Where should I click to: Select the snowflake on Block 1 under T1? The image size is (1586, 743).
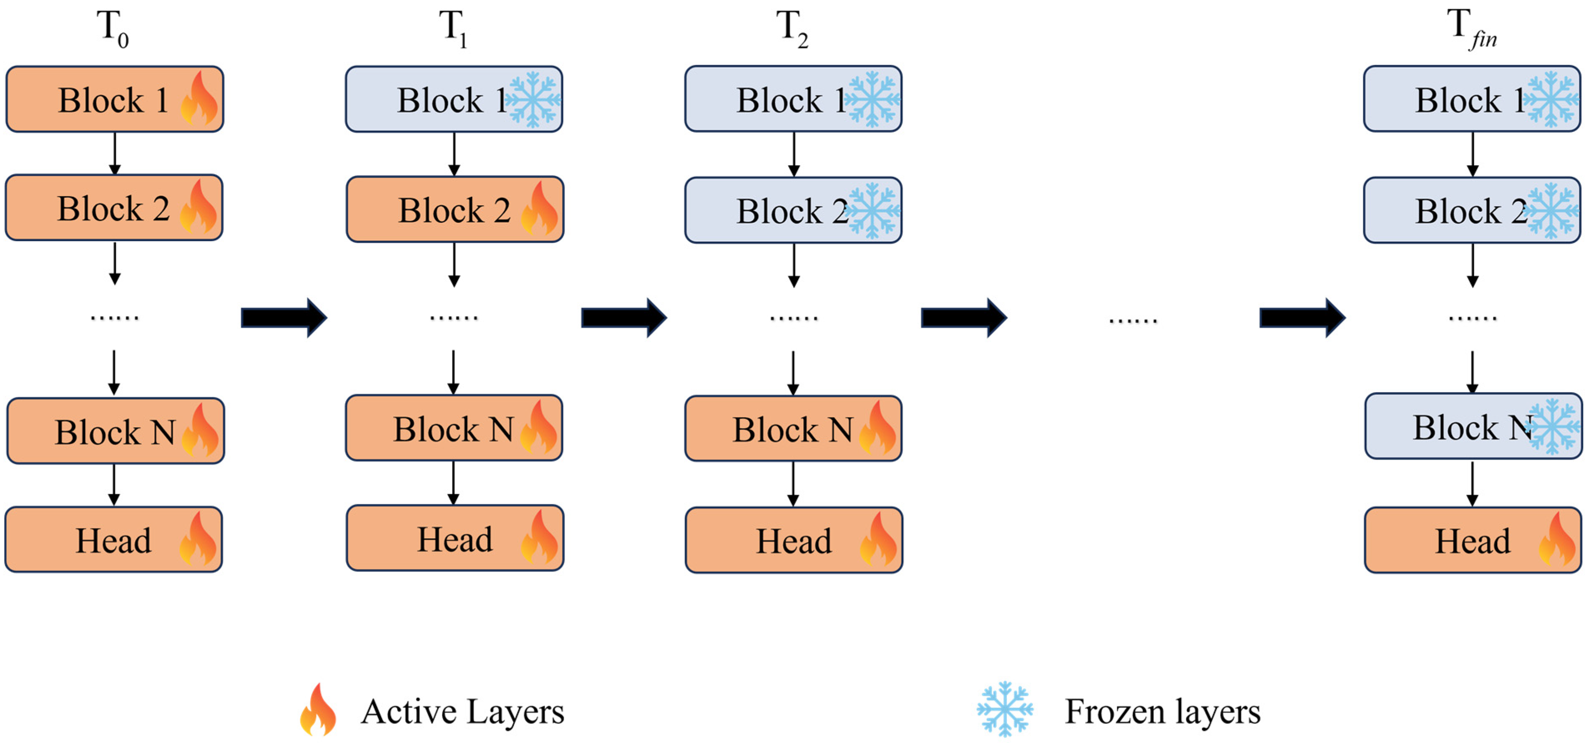pyautogui.click(x=533, y=100)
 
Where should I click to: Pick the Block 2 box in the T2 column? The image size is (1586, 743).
pyautogui.click(x=793, y=210)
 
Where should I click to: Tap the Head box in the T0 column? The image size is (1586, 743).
pyautogui.click(x=113, y=540)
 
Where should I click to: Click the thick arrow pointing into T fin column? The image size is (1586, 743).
pyautogui.click(x=1302, y=318)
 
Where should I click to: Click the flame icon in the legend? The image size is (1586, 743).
pyautogui.click(x=318, y=710)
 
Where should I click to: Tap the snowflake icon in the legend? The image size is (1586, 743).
pyautogui.click(x=1004, y=709)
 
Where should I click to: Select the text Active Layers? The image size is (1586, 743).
pyautogui.click(x=462, y=712)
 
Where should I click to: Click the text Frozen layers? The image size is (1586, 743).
pyautogui.click(x=1162, y=712)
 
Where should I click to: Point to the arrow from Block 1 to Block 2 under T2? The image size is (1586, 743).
pyautogui.click(x=794, y=154)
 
